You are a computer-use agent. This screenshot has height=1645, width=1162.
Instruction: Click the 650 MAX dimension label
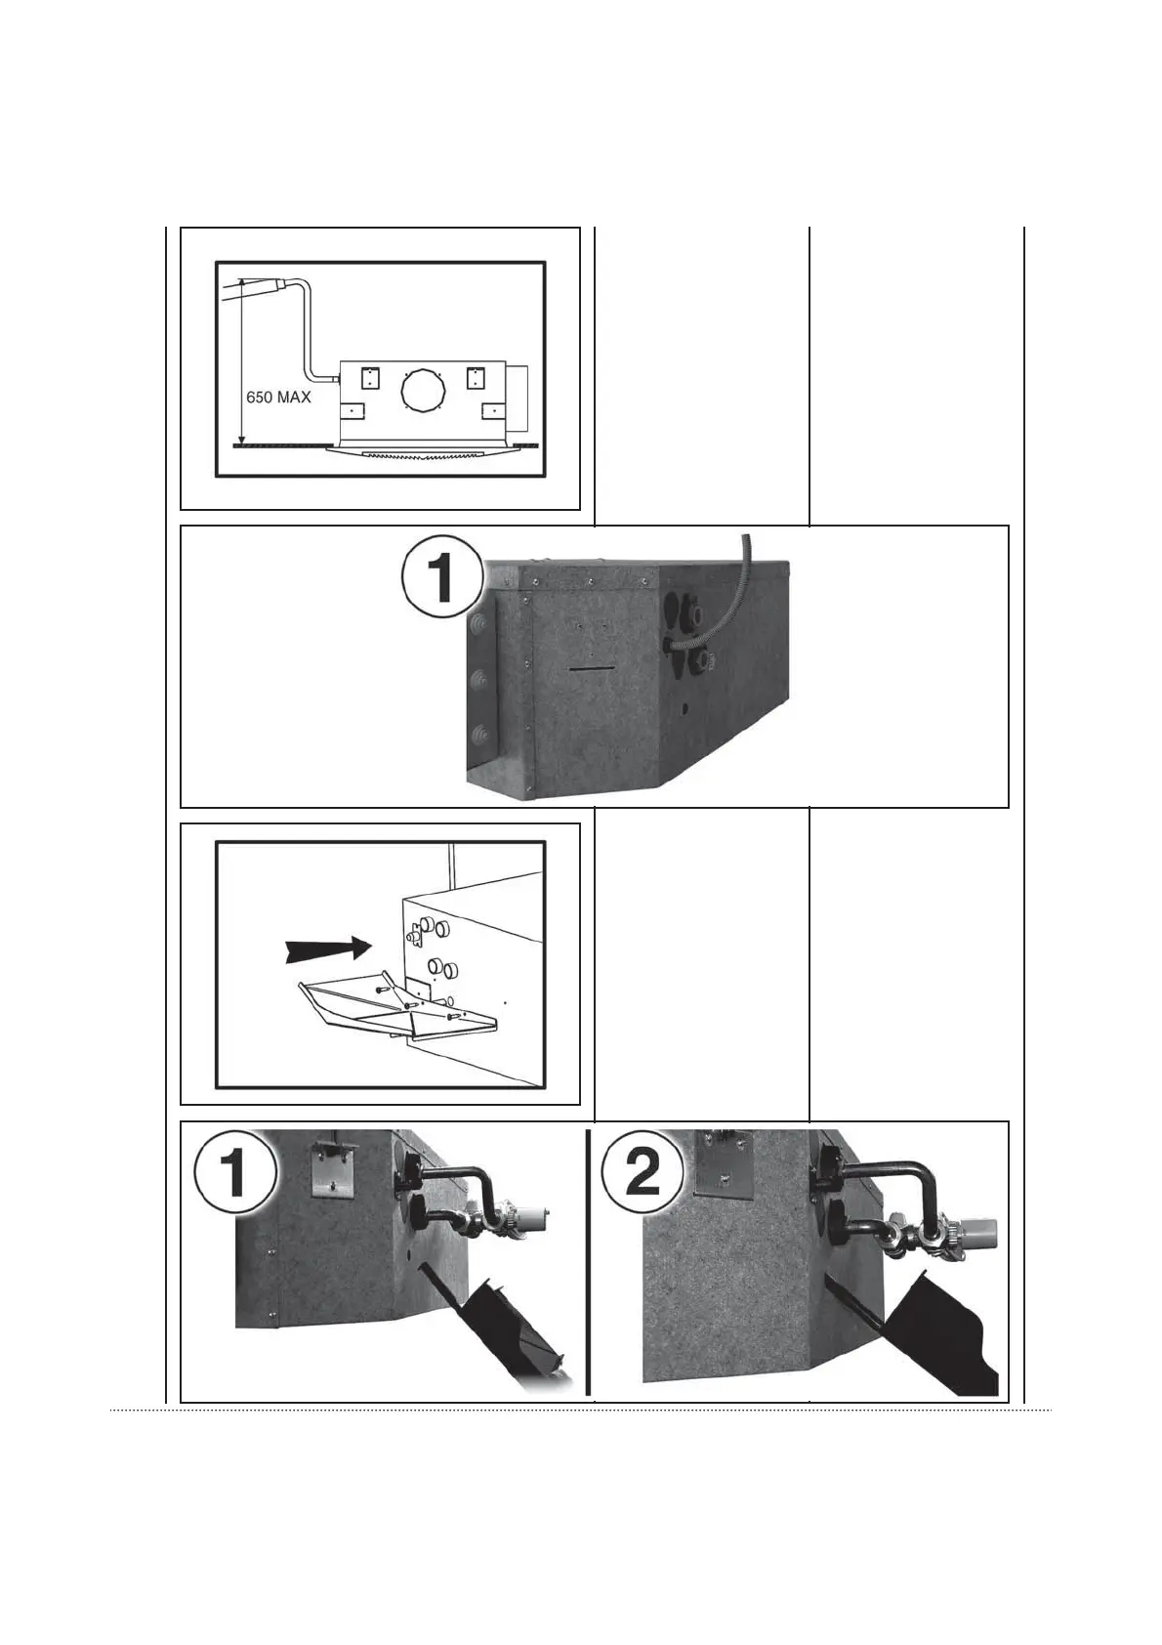[x=278, y=398]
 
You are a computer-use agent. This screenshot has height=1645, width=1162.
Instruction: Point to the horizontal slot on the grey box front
[x=589, y=669]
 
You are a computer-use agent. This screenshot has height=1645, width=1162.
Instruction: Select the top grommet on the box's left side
[x=479, y=622]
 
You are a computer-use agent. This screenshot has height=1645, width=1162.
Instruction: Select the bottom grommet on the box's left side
[x=479, y=735]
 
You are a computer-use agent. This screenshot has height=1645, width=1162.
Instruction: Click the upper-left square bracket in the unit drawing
[x=370, y=378]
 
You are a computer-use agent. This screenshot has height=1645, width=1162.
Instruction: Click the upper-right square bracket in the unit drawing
[x=477, y=378]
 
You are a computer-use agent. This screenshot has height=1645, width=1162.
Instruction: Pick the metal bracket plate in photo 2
[x=721, y=1162]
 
